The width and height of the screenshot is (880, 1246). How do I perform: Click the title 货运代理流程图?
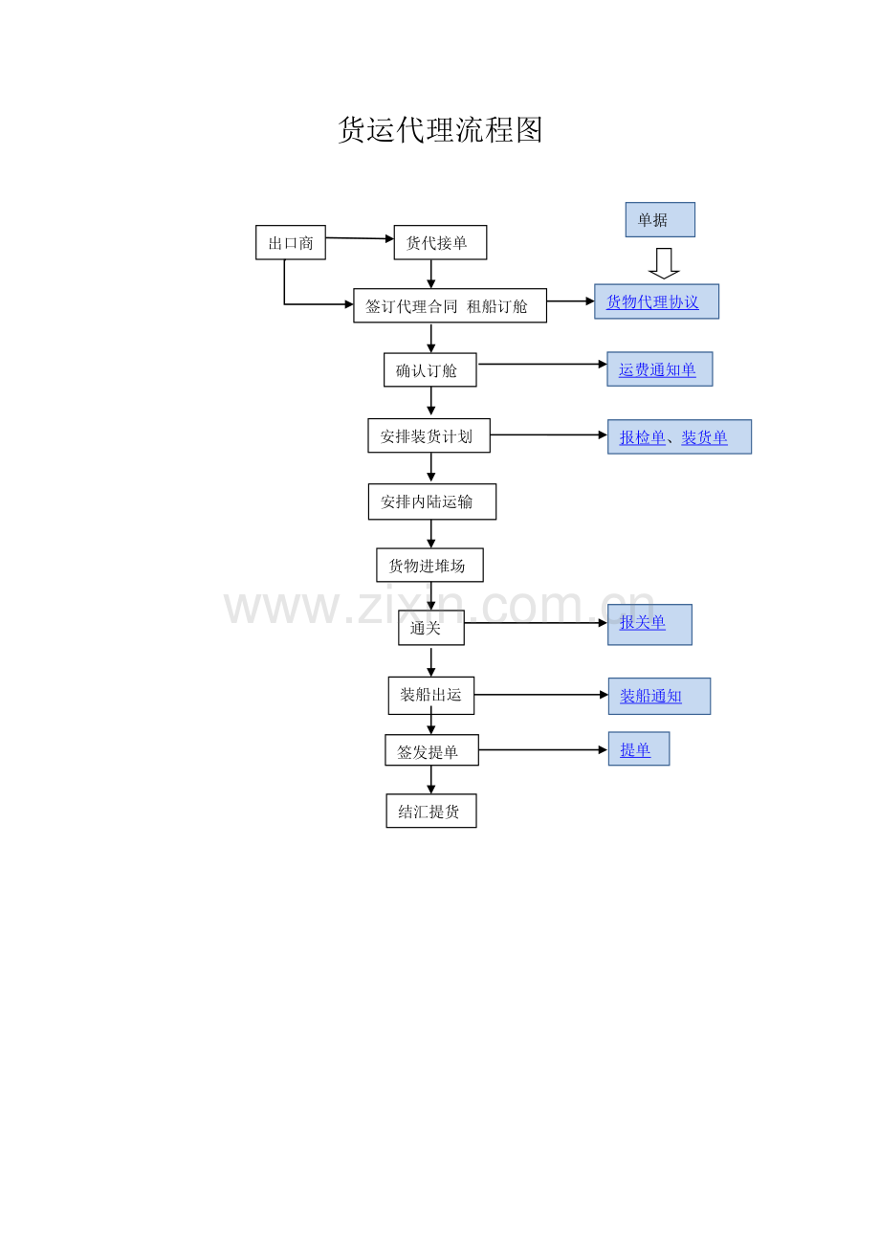pos(440,130)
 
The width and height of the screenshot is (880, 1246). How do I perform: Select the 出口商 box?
pos(291,243)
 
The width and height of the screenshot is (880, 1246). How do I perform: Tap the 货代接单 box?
pos(440,243)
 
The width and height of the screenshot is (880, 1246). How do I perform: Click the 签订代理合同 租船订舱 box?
pos(450,306)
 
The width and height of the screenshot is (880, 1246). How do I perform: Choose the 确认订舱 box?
pos(429,370)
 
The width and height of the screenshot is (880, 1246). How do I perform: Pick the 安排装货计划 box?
pos(429,436)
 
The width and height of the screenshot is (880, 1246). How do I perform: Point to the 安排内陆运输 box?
pos(431,501)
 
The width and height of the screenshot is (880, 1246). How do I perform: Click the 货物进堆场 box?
pos(429,566)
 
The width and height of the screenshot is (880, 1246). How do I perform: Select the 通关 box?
pos(430,628)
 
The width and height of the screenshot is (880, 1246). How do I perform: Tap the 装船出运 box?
pos(430,695)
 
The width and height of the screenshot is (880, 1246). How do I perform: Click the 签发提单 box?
pos(431,751)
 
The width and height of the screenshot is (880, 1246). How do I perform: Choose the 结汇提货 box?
pos(430,812)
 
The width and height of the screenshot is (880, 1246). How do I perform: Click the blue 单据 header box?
pos(659,220)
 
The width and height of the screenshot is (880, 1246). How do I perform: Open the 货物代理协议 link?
pos(652,302)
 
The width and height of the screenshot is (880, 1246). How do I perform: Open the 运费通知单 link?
pos(657,370)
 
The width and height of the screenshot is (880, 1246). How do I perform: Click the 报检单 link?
pos(642,438)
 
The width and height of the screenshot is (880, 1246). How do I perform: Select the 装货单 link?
pos(704,438)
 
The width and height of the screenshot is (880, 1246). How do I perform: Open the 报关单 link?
pos(642,623)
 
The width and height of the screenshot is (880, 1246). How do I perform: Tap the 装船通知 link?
pos(650,697)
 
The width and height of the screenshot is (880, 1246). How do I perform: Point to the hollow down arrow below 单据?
pos(664,263)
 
